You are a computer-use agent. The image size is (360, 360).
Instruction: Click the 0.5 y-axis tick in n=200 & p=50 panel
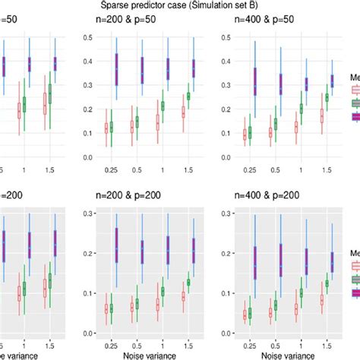pyautogui.click(x=87, y=38)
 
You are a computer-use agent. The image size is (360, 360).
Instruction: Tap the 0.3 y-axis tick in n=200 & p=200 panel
pyautogui.click(x=87, y=213)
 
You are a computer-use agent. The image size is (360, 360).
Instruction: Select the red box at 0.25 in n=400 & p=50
pyautogui.click(x=245, y=133)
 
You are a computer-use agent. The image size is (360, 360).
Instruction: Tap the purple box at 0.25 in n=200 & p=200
pyautogui.click(x=117, y=245)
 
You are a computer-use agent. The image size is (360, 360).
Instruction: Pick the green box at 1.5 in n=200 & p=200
pyautogui.click(x=188, y=282)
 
